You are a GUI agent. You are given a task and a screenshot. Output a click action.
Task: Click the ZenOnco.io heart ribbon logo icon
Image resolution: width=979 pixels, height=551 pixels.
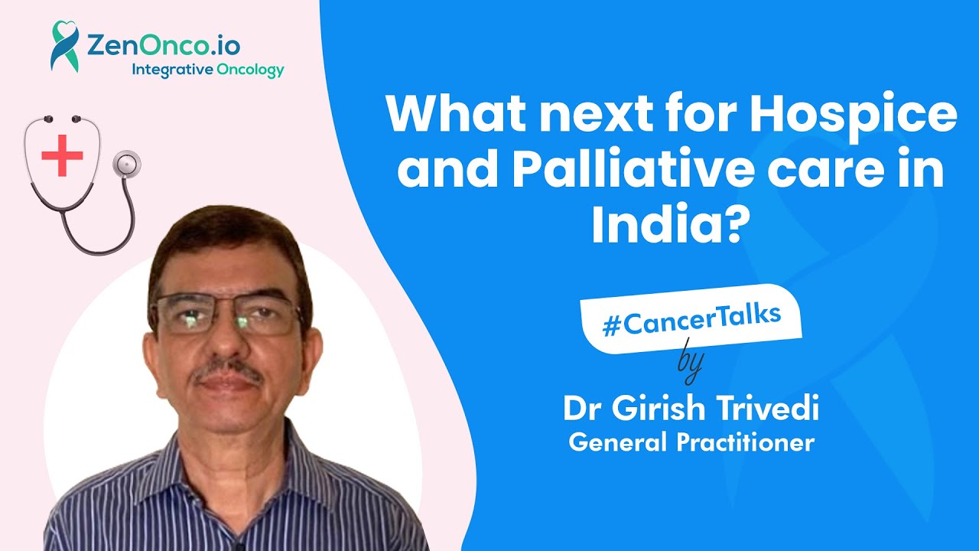[66, 46]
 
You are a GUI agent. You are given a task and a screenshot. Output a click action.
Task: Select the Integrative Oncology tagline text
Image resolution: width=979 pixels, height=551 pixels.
[207, 70]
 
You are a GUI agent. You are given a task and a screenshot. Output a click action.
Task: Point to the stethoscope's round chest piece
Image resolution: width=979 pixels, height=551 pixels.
[127, 164]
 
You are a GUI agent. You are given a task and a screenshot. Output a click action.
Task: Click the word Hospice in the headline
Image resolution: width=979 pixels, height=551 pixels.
[853, 116]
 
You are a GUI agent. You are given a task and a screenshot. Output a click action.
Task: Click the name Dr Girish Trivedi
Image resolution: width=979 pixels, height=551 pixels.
[691, 408]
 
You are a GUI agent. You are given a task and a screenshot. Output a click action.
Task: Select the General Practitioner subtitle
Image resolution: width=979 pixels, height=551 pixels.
[691, 442]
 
